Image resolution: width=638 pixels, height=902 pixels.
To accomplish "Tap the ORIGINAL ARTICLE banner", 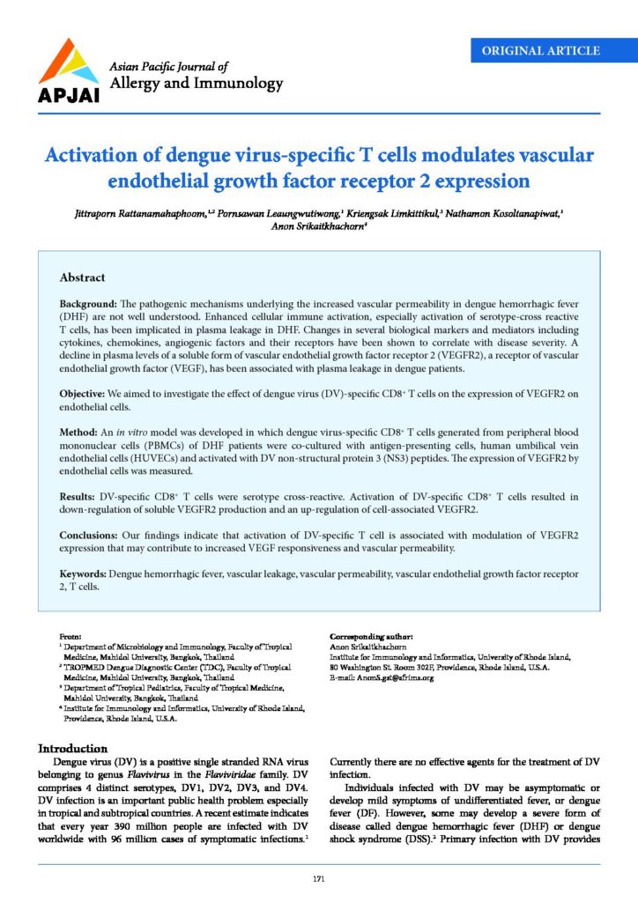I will (x=541, y=50).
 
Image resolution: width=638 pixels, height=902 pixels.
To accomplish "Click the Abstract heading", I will (x=83, y=277).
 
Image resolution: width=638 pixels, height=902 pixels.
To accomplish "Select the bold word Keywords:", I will (x=86, y=573).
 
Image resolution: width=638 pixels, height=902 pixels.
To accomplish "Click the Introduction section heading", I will (x=80, y=749).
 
